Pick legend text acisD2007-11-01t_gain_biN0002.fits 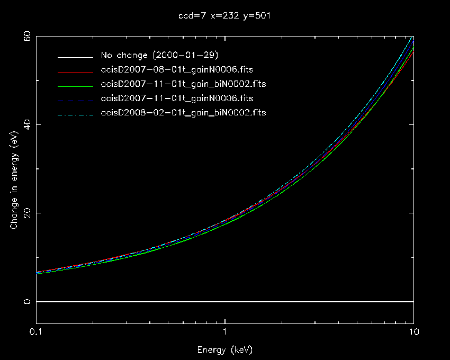[x=183, y=84]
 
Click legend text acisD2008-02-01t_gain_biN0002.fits [x=183, y=112]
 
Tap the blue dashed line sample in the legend [x=76, y=99]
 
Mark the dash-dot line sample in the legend [x=76, y=113]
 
